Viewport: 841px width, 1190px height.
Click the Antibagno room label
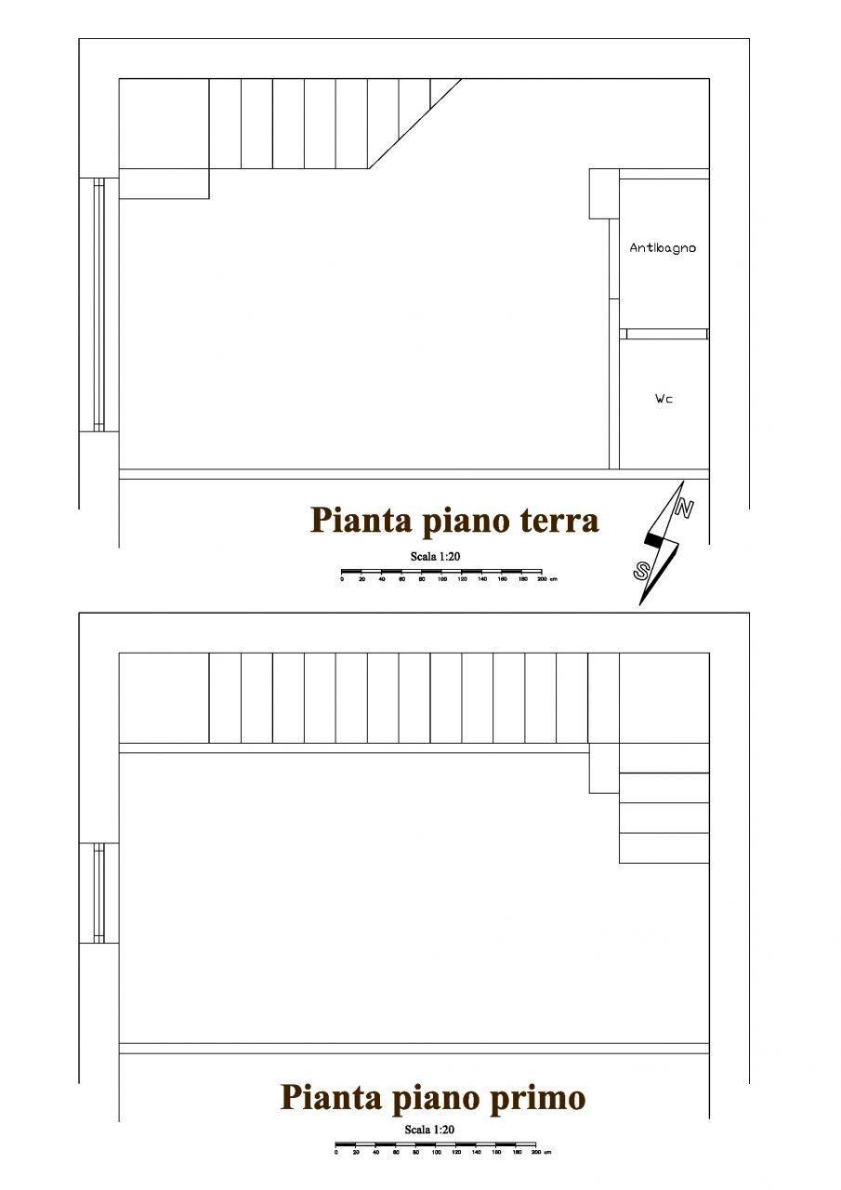click(663, 248)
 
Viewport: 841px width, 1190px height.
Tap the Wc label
click(664, 399)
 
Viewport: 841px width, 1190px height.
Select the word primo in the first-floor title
click(538, 1098)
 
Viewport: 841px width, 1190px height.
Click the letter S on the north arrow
click(642, 571)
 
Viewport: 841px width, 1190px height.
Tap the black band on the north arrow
click(653, 538)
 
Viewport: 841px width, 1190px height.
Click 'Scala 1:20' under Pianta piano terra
click(436, 556)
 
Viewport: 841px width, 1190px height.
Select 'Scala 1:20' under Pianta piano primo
click(429, 1130)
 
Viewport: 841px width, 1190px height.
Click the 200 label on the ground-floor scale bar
click(541, 579)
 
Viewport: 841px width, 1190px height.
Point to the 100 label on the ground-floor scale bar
click(442, 579)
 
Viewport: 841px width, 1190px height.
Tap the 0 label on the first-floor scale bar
click(335, 1153)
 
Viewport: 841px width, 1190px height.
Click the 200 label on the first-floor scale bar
click(535, 1153)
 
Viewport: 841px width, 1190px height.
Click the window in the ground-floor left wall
click(99, 304)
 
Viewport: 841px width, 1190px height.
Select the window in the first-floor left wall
click(99, 892)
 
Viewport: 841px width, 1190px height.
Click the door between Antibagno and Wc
click(666, 334)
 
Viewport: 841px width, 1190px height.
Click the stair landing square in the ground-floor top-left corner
click(164, 124)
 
